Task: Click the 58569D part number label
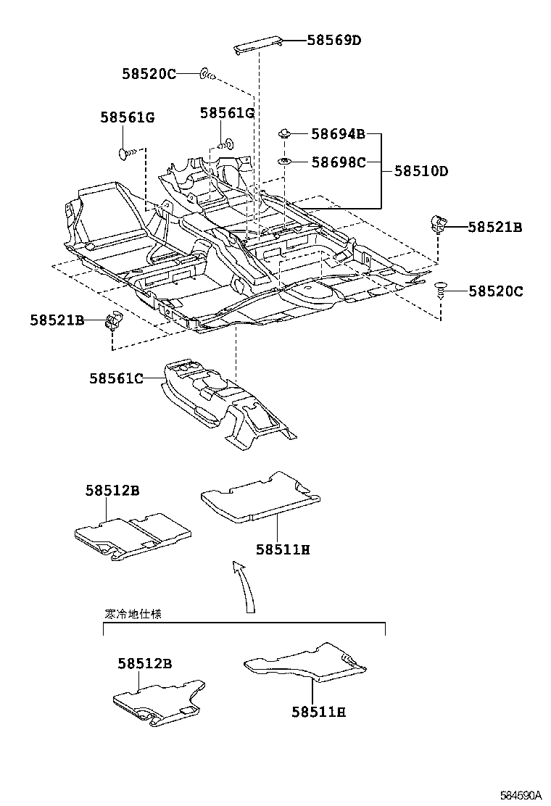point(333,41)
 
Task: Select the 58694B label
point(338,134)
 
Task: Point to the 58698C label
point(338,162)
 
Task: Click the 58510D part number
point(421,172)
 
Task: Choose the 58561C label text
point(116,378)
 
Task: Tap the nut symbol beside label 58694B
point(285,133)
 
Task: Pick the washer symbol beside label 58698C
point(285,161)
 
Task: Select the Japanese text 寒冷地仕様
point(133,614)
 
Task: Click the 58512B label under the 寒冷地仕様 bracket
point(144,663)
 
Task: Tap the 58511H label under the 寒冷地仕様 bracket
point(318,712)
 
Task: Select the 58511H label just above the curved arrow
point(282,549)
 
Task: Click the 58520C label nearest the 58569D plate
point(149,73)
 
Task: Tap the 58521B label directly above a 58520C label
point(494,227)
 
